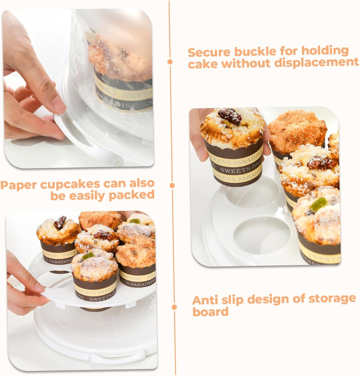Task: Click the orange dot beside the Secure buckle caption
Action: pos(170,62)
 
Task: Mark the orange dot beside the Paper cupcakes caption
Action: pos(172,185)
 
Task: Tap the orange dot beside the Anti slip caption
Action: pos(174,307)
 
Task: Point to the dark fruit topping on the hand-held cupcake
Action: pos(230,116)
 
